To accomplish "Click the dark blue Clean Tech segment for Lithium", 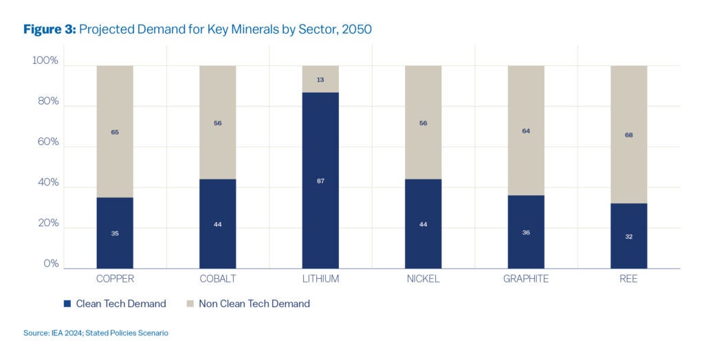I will pyautogui.click(x=320, y=206).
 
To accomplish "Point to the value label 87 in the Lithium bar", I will pyautogui.click(x=320, y=181).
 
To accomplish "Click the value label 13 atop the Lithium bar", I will pyautogui.click(x=320, y=80).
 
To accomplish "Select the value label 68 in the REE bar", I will pyautogui.click(x=628, y=135).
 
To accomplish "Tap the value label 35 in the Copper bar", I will pyautogui.click(x=115, y=234).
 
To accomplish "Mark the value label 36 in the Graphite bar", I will pyautogui.click(x=526, y=232).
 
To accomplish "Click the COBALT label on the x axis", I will pyautogui.click(x=217, y=279).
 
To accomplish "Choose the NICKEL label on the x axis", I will pyautogui.click(x=423, y=279).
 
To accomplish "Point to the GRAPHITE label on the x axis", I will pyautogui.click(x=526, y=279).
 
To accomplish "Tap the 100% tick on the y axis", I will pyautogui.click(x=45, y=61).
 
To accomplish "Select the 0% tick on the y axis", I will pyautogui.click(x=51, y=264).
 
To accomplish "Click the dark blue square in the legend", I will pyautogui.click(x=67, y=304).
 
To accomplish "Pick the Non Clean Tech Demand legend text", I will pyautogui.click(x=254, y=304).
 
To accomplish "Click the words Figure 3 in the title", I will pyautogui.click(x=49, y=30).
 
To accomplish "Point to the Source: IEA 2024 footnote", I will pyautogui.click(x=96, y=333).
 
